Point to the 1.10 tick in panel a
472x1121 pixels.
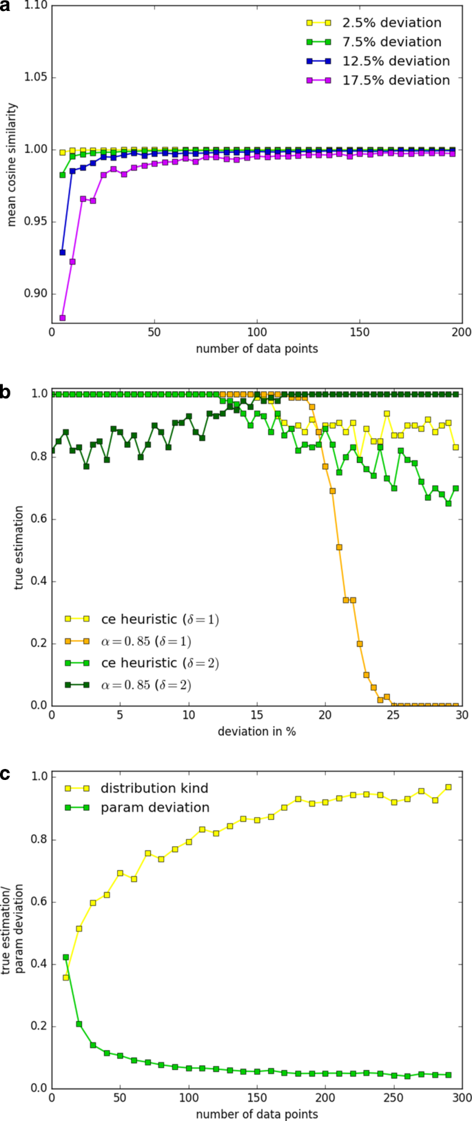(x=36, y=6)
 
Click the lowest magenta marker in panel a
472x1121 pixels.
(x=63, y=318)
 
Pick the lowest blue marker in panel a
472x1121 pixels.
(x=63, y=252)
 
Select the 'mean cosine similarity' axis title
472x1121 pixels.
(x=12, y=165)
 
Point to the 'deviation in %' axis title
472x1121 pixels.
(x=256, y=731)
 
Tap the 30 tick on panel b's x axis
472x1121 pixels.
(x=462, y=715)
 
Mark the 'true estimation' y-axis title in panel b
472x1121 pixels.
(x=20, y=550)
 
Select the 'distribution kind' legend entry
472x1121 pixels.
(x=154, y=788)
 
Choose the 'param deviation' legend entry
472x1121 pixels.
(x=154, y=808)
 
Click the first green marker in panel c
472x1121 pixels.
(x=66, y=957)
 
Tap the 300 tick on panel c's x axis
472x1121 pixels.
(x=462, y=1098)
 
